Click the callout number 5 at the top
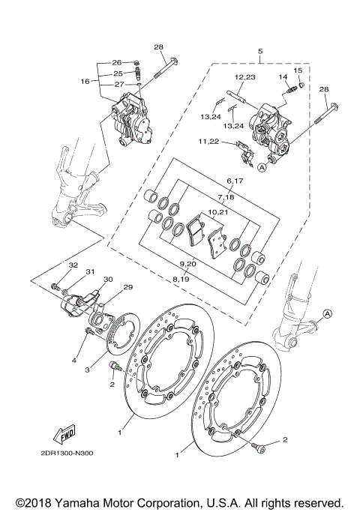(x=259, y=52)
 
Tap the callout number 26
(x=117, y=62)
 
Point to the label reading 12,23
(x=244, y=78)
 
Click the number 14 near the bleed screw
(x=283, y=78)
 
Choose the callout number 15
(x=298, y=70)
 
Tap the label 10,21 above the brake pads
(x=217, y=212)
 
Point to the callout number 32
(x=73, y=265)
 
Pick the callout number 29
(x=127, y=288)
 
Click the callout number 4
(x=74, y=361)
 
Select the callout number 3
(x=87, y=370)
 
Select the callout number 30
(x=108, y=280)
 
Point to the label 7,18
(x=226, y=196)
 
